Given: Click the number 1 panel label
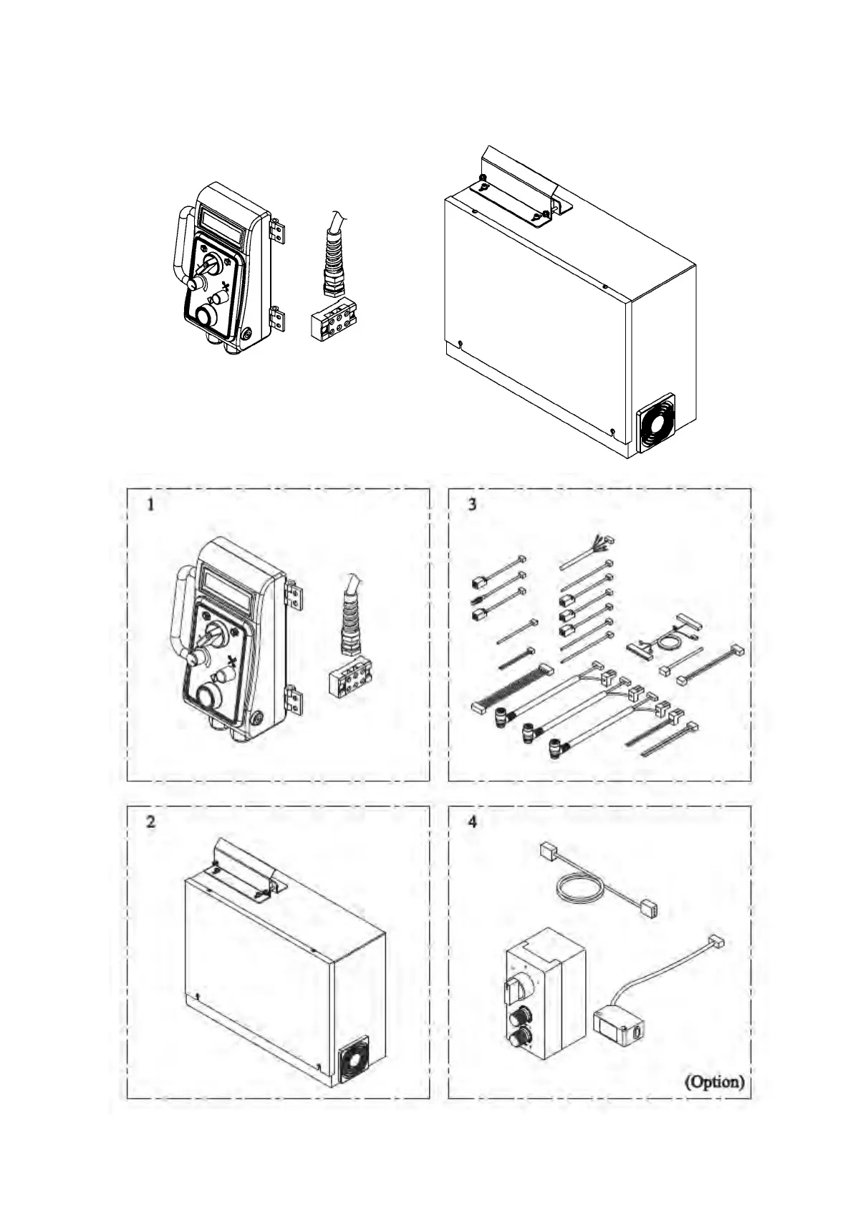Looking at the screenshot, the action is click(150, 504).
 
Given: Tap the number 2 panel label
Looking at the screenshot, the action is click(150, 821).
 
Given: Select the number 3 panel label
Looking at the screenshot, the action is click(472, 504).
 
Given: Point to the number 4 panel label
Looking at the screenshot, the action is click(472, 821).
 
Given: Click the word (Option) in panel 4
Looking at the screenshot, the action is click(714, 1081).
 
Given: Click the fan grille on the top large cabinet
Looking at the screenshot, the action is click(656, 425).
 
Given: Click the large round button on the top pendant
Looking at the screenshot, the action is click(208, 315).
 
